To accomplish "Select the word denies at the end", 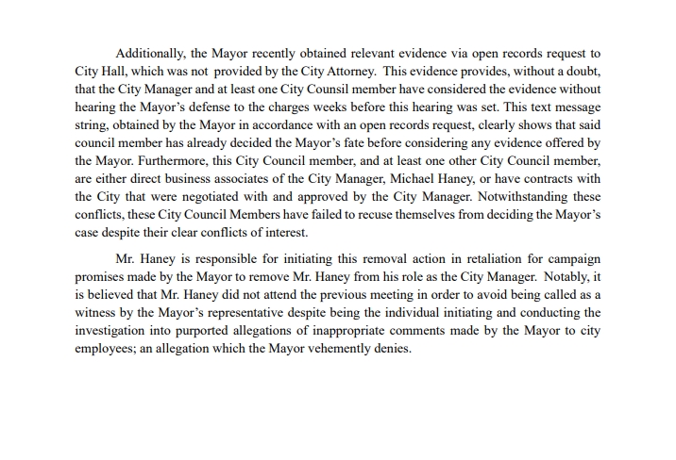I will pyautogui.click(x=391, y=348).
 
